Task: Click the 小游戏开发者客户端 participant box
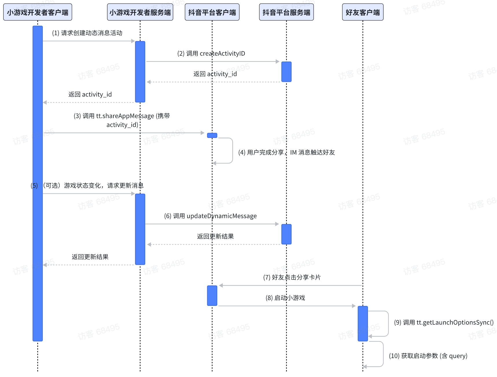click(x=38, y=12)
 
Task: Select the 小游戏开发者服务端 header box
click(x=140, y=12)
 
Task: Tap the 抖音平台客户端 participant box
click(x=212, y=12)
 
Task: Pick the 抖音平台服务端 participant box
click(x=286, y=12)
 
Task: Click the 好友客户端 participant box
click(x=363, y=12)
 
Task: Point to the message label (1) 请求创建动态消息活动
click(x=87, y=33)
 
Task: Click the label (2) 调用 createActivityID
click(x=211, y=53)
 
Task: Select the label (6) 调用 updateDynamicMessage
click(x=210, y=216)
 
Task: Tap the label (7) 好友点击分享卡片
click(x=292, y=277)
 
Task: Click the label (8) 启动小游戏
click(x=285, y=298)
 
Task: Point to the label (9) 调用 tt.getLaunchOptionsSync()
click(x=444, y=322)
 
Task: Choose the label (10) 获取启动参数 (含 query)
click(x=428, y=356)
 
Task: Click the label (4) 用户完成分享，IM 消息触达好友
click(x=286, y=152)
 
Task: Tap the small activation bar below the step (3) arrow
click(x=212, y=135)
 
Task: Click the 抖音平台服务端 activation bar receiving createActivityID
click(x=286, y=72)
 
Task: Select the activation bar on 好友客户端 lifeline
click(x=363, y=324)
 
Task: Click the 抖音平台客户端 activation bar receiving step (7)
click(x=212, y=295)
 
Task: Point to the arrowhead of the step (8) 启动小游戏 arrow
click(x=354, y=306)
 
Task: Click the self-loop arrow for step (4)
click(x=232, y=151)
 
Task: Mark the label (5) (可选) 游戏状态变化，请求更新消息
click(x=87, y=186)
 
